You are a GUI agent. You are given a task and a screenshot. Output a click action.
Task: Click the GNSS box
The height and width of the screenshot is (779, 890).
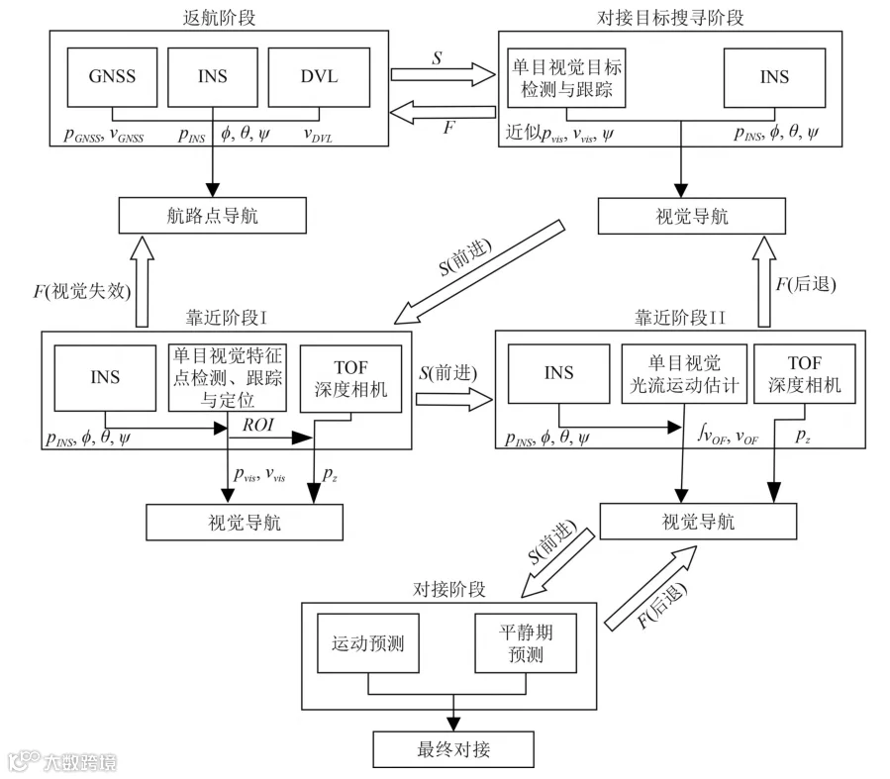112,77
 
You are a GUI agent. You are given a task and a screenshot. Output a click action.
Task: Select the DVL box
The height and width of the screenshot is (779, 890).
319,77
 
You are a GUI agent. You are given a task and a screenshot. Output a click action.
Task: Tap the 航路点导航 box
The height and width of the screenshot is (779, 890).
212,216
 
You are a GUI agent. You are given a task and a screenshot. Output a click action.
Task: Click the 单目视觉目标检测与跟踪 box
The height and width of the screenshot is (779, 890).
566,78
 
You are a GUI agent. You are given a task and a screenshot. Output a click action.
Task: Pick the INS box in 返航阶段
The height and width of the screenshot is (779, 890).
212,77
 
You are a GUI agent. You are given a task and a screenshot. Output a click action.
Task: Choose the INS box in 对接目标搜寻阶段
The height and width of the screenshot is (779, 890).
774,78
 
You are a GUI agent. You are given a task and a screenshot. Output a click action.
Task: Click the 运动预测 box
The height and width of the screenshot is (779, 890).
368,642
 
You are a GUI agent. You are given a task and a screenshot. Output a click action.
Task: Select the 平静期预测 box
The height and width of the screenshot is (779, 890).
526,642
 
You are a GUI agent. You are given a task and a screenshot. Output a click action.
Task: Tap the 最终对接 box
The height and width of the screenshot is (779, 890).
453,749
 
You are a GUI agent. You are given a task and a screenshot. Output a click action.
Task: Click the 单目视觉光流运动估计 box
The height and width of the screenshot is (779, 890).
684,374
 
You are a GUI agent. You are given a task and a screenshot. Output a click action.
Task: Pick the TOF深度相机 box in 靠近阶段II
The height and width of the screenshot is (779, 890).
804,374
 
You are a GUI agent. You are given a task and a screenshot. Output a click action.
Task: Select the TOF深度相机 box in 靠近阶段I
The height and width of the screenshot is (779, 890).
350,378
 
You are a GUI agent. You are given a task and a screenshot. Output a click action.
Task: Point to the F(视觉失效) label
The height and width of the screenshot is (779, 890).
82,292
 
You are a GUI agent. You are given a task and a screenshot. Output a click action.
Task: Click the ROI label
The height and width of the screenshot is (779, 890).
258,425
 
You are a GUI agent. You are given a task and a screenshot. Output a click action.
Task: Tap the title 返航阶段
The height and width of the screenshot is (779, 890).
219,18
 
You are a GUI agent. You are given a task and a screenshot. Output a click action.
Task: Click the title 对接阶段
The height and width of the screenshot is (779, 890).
449,590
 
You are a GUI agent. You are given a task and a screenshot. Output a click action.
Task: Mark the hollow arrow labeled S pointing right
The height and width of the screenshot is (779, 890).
443,74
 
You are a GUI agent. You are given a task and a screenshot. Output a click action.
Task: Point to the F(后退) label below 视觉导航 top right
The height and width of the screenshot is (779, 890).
806,284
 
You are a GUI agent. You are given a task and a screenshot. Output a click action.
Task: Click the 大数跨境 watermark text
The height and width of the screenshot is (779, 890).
80,762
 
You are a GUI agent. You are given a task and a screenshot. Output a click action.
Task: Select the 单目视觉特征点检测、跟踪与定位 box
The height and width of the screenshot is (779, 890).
227,377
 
